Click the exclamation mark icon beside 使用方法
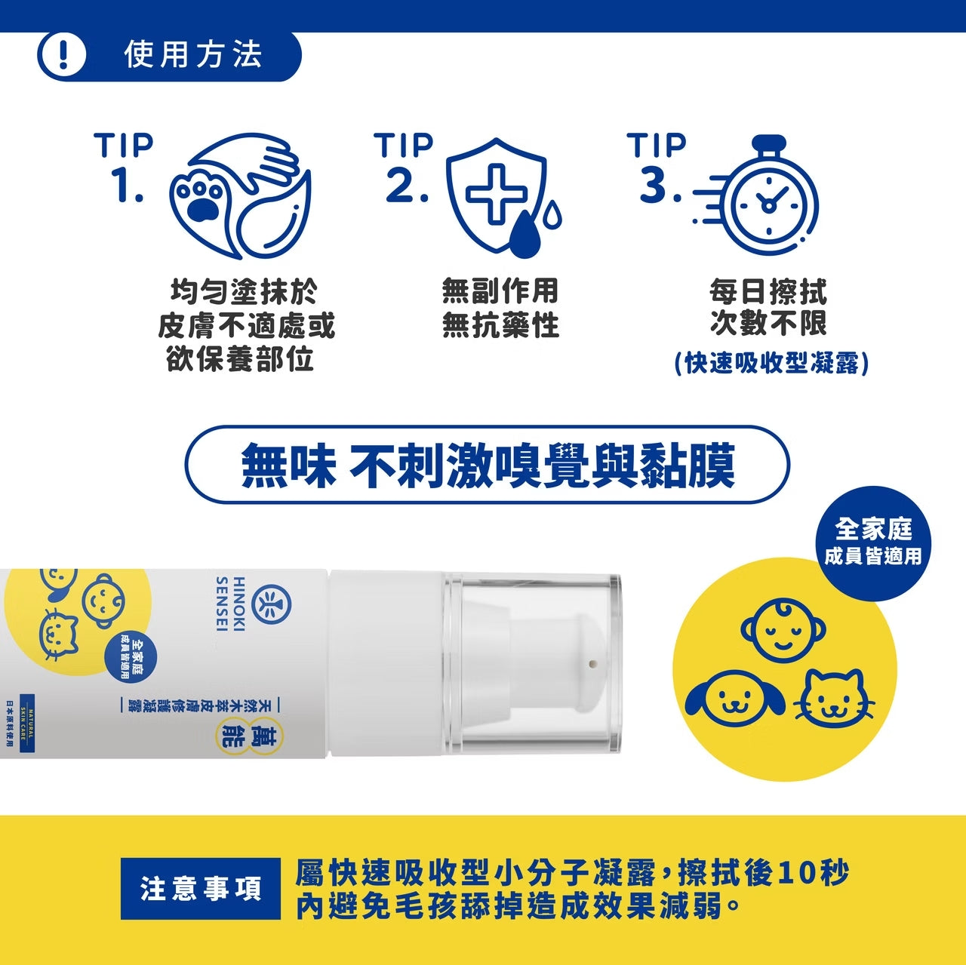[x=62, y=56]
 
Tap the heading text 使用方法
[x=193, y=55]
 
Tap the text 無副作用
[x=500, y=290]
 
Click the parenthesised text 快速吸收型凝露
[x=771, y=363]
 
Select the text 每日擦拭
[x=768, y=291]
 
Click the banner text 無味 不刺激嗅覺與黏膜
[x=488, y=466]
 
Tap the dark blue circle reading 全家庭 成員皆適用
[x=873, y=542]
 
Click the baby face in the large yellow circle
[x=783, y=630]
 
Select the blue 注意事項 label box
[x=200, y=889]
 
